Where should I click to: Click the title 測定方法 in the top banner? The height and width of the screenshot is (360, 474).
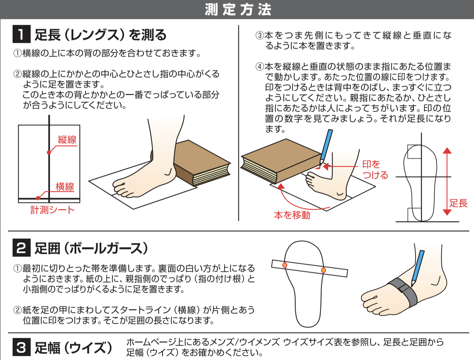pos(238,10)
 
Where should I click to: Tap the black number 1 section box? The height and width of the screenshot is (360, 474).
pos(21,34)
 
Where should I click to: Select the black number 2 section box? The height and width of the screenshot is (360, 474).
pos(21,248)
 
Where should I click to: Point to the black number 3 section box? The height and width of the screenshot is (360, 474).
pos(21,347)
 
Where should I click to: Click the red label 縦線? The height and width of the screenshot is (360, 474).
pos(67,140)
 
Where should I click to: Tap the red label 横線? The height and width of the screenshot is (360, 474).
pos(65,186)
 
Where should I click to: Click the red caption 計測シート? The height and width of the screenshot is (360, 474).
pos(53,210)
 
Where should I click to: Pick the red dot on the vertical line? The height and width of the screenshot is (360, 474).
pos(49,153)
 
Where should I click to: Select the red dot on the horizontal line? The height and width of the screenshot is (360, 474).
pos(38,198)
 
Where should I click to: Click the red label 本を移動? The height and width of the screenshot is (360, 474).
pos(292,215)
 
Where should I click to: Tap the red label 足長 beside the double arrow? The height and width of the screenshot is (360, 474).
pos(459,203)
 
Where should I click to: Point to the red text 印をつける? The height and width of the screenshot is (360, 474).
pos(375,170)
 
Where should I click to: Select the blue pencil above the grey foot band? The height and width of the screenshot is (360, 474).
pos(418,268)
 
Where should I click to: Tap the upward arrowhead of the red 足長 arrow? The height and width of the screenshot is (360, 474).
pos(447,151)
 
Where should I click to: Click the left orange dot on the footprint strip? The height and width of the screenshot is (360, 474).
pos(285,265)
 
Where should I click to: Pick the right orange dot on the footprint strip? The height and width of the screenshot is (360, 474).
pos(323,270)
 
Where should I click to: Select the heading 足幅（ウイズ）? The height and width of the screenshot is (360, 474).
pos(73,347)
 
